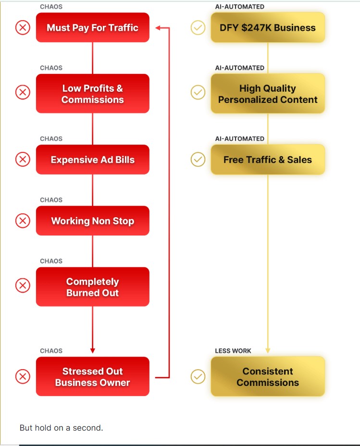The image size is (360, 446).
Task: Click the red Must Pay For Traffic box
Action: tap(92, 27)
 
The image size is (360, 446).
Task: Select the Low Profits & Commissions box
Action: tap(92, 94)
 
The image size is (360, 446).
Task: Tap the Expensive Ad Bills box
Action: tap(92, 160)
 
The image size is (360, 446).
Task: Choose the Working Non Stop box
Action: tap(92, 221)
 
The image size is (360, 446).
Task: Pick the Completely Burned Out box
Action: tap(92, 287)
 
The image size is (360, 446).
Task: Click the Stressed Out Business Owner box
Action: tap(92, 377)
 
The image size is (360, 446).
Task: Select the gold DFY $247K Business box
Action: tap(268, 27)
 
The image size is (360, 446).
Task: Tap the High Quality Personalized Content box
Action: tap(268, 94)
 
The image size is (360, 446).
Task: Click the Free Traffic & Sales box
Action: tap(268, 160)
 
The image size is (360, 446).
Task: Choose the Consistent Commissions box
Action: tap(268, 377)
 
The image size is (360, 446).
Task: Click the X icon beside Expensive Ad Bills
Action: tap(23, 159)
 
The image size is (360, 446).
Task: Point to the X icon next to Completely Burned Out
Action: tap(23, 285)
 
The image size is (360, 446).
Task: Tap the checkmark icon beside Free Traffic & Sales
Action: tap(198, 159)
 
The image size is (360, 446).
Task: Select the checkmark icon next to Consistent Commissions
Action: tap(198, 376)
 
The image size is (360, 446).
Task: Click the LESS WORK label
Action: tap(233, 351)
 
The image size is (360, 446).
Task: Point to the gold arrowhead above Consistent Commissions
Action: tap(268, 351)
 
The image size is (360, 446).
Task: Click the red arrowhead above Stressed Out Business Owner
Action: tap(93, 351)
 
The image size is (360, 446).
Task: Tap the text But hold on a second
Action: tap(62, 427)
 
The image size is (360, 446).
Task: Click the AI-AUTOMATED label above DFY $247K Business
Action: tap(239, 7)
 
